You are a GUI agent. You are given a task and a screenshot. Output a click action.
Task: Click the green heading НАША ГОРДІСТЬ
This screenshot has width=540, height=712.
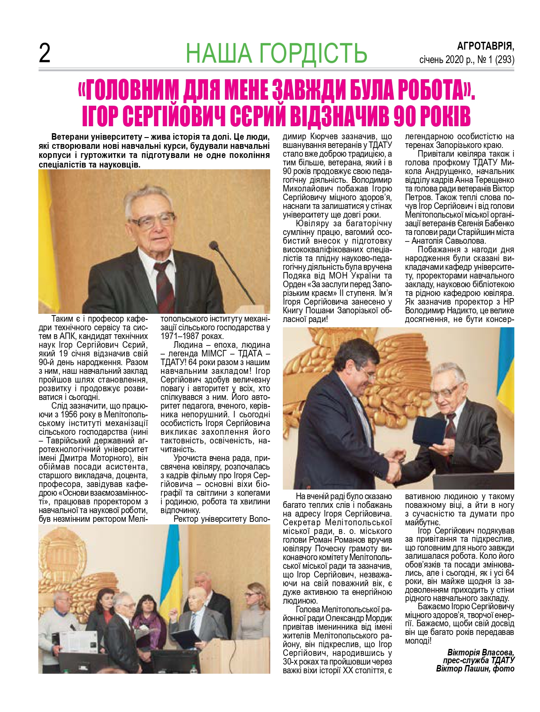point(276,53)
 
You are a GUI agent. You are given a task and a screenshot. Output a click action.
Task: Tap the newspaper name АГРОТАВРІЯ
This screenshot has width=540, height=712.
point(486,46)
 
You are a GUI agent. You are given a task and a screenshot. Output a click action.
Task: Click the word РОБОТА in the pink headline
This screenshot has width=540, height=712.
point(418,90)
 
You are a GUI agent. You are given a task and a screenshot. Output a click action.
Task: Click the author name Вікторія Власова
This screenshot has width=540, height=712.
point(481,652)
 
